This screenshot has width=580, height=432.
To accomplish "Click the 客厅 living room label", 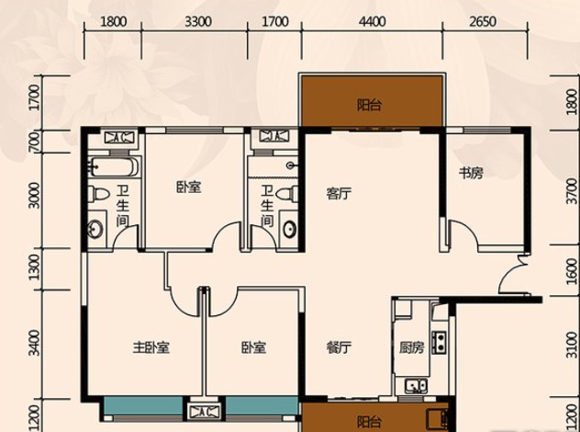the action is point(339,193).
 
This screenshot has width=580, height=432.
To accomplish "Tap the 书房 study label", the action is point(471,173).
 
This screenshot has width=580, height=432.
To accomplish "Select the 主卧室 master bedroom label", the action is point(151,347).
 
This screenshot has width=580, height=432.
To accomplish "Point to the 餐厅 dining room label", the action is point(339,347).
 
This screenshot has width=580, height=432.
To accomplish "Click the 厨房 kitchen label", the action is point(411,347).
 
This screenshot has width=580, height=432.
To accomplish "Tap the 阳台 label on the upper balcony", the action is point(369,105).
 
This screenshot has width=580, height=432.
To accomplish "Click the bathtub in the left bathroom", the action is point(115,167).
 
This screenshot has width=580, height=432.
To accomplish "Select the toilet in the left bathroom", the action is point(99,194).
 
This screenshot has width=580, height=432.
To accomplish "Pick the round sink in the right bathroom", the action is point(290,229).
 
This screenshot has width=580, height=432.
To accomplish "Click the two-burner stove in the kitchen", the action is point(440,342).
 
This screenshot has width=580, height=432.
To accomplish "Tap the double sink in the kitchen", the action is point(416,386).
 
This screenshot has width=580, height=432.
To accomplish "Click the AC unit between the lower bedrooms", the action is point(204,411).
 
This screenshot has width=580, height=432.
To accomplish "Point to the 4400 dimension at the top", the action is point(372,21).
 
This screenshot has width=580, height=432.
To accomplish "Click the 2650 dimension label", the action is point(483,21).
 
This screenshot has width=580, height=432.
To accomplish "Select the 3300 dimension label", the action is point(198,21).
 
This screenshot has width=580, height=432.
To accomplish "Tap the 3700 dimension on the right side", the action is point(572,191).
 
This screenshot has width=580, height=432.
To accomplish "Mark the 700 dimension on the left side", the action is point(34,142).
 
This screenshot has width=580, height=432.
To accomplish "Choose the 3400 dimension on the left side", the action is point(34,343).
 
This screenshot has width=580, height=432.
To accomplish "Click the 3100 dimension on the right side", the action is point(572,346).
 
